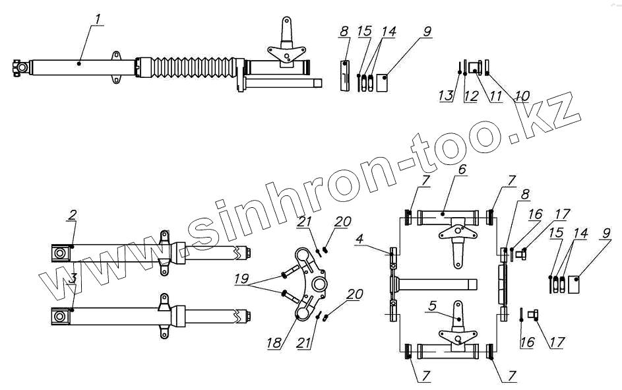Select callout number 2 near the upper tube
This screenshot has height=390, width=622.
[72, 215]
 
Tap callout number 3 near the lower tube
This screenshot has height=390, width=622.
[72, 278]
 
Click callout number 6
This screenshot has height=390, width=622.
[462, 170]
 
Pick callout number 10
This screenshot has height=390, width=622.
[522, 96]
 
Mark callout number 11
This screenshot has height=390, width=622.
[495, 96]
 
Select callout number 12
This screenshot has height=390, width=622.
[470, 96]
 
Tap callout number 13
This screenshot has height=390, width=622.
[447, 96]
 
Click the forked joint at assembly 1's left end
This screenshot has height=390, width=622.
[19, 67]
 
